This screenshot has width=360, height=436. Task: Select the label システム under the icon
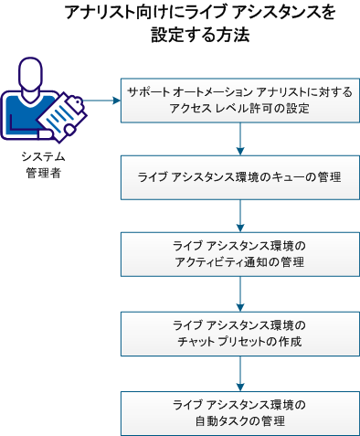[x=44, y=157]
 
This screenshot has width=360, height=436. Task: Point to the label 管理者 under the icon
[x=44, y=173]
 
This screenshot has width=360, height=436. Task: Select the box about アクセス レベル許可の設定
[x=239, y=100]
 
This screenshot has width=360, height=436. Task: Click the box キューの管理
[x=239, y=177]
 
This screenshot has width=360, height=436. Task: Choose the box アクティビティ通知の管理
[x=239, y=255]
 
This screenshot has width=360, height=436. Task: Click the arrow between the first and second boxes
[x=239, y=138]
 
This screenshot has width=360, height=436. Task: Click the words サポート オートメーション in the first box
[x=183, y=92]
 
